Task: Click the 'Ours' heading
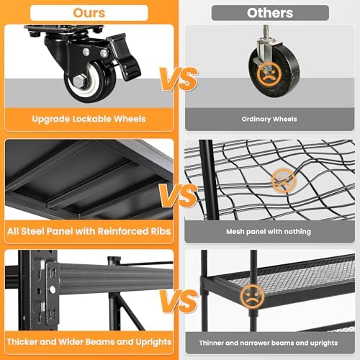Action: coord(89,13)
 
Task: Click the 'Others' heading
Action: coord(270,13)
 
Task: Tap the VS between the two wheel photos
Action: coord(179,78)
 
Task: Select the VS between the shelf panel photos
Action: coord(179,196)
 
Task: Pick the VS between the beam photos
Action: coord(179,301)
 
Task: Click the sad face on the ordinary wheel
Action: coord(269,74)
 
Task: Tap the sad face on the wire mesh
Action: coord(284,180)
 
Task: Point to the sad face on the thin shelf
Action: coord(252,297)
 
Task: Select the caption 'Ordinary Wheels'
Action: coord(269,119)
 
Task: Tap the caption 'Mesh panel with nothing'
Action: coord(269,232)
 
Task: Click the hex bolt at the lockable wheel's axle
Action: coord(79,81)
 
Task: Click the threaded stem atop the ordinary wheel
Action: coord(266,32)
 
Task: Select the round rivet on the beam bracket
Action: coord(52,290)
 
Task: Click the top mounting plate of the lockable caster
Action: coord(63,29)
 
